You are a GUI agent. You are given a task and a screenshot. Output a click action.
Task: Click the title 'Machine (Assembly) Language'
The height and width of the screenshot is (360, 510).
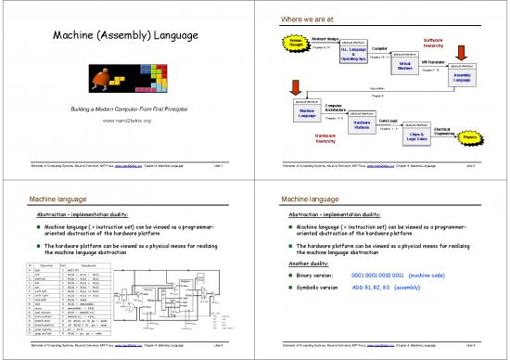pos(125,38)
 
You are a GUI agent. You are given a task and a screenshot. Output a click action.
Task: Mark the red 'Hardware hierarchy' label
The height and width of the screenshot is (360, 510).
pos(325,137)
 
